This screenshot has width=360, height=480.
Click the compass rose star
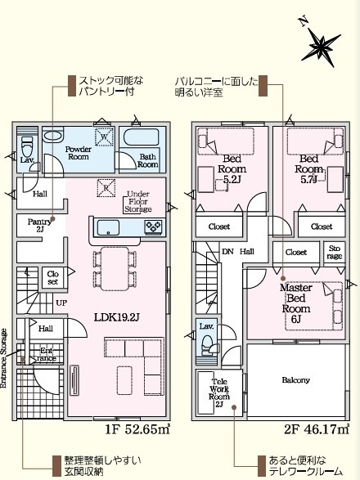321,47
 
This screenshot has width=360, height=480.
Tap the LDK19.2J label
117,317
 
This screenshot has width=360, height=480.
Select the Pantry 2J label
39,226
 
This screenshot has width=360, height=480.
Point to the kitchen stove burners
153,227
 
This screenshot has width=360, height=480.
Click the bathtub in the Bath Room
142,137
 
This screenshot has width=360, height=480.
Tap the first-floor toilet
27,147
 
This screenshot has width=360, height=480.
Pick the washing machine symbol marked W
104,137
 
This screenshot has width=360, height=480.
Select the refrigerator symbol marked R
106,188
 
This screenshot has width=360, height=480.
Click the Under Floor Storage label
138,201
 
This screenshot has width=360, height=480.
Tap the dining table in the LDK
115,269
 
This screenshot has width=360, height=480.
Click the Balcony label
295,380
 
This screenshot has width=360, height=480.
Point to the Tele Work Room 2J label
219,393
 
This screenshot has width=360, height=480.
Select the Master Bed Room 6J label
296,303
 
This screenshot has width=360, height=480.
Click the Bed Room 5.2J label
232,169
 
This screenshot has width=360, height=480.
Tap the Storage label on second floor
335,252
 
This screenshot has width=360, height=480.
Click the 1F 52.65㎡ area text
137,429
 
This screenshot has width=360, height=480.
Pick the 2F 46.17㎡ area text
316,429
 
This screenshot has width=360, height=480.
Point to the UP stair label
61,303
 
